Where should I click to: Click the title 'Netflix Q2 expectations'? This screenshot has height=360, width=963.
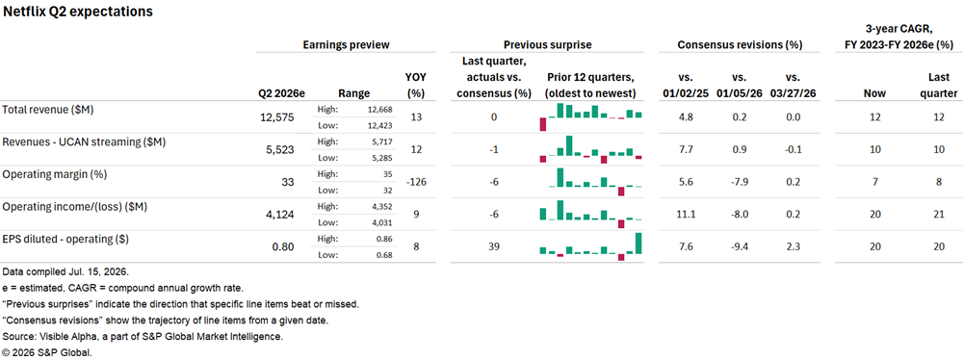pyautogui.click(x=78, y=12)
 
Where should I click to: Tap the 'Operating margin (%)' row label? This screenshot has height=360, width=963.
pyautogui.click(x=55, y=174)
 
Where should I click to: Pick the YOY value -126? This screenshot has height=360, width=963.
pyautogui.click(x=416, y=182)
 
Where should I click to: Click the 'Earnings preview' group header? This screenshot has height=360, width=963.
pyautogui.click(x=347, y=45)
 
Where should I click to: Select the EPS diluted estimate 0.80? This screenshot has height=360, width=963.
pyautogui.click(x=284, y=247)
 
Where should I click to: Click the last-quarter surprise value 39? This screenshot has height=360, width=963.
pyautogui.click(x=494, y=247)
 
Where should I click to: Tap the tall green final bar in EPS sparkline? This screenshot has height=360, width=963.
pyautogui.click(x=638, y=244)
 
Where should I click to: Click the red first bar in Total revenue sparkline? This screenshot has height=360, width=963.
pyautogui.click(x=543, y=124)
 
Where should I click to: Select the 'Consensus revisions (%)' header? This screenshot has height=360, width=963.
pyautogui.click(x=740, y=45)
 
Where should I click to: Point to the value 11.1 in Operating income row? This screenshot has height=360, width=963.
pyautogui.click(x=686, y=215)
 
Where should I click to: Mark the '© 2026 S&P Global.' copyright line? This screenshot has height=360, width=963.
pyautogui.click(x=47, y=352)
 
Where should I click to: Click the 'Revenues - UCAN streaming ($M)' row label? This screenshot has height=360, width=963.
pyautogui.click(x=85, y=141)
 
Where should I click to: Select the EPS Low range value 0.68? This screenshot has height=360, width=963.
pyautogui.click(x=383, y=254)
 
